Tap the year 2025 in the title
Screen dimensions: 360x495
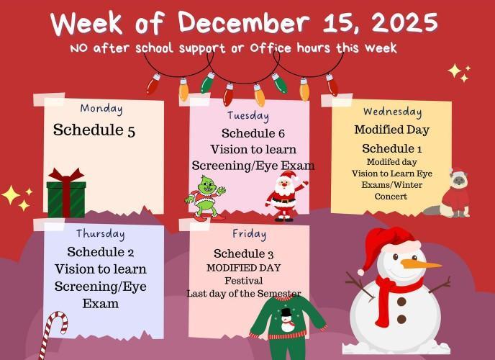tap(399, 23)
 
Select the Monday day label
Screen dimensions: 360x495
tap(101, 109)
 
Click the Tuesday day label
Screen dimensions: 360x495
tap(248, 116)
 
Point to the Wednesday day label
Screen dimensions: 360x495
tap(392, 112)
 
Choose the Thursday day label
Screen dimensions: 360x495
tap(101, 234)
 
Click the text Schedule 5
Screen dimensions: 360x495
tap(94, 131)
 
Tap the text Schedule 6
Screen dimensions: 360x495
tap(253, 133)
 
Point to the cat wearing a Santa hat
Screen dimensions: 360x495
tap(455, 192)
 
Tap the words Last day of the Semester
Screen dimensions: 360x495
tap(244, 294)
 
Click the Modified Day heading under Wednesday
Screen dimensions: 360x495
tap(391, 130)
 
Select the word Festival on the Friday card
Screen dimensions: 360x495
tap(243, 280)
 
